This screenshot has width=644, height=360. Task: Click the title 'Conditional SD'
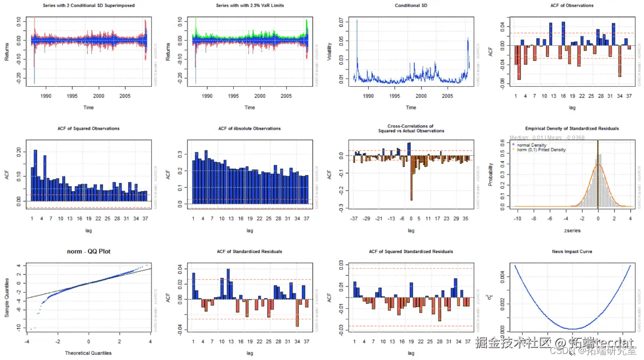pos(411,6)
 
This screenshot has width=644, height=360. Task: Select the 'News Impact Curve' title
pos(572,251)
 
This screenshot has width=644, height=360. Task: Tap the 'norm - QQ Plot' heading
pos(89,251)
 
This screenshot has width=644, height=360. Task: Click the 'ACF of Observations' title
pos(572,6)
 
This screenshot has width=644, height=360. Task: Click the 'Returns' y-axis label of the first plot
pos(7,52)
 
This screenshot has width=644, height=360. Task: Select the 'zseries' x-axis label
pos(572,230)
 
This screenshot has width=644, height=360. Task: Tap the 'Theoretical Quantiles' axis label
pos(89,353)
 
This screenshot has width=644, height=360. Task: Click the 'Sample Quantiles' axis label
pos(7,298)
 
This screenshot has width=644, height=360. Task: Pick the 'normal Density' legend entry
pos(531,145)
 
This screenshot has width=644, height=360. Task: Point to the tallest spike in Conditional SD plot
pos(356,21)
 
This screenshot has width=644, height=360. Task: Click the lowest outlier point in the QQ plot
pos(31,329)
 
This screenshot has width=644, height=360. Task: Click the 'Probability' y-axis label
pos(490,174)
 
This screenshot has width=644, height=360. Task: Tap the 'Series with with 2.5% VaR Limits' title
pos(250,6)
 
